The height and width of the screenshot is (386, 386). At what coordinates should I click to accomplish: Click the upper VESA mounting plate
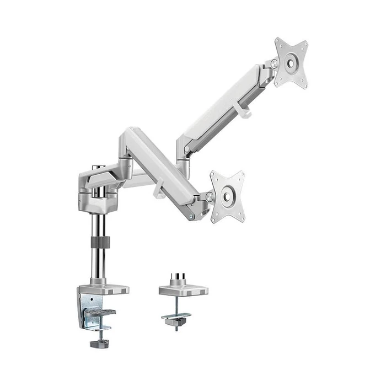coord(291,62)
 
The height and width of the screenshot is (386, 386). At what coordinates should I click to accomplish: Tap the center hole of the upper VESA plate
coord(291,63)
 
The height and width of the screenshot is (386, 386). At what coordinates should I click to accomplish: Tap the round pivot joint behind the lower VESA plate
coord(209,197)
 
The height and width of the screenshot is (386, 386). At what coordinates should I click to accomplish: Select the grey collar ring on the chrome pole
coord(99,242)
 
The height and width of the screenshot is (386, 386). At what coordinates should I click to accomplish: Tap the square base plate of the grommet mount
coord(183,289)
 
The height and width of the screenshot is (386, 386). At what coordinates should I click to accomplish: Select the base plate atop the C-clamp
coord(104,288)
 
